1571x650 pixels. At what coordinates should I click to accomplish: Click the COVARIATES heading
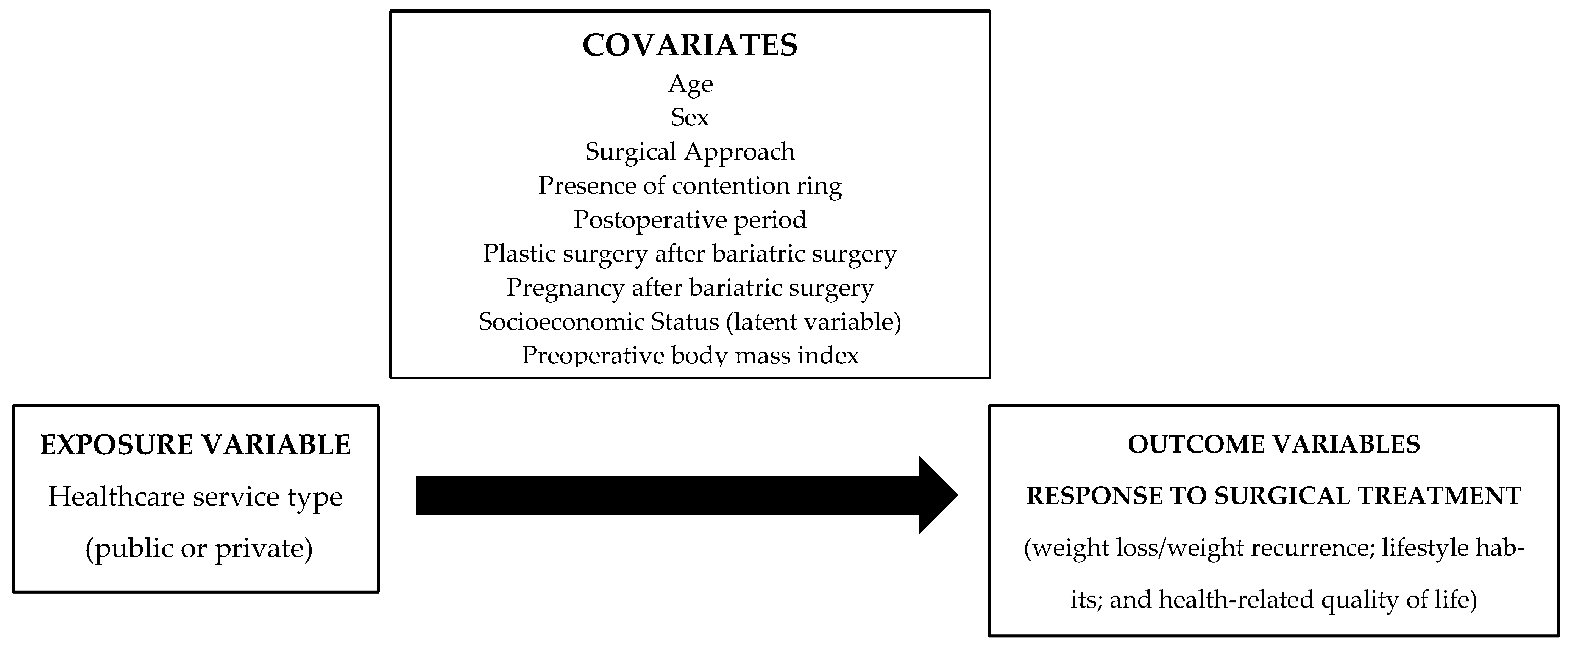coord(690,45)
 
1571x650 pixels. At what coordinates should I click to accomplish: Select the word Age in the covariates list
coord(690,84)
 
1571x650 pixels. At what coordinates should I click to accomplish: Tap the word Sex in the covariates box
coord(690,117)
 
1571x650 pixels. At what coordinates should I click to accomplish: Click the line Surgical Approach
coord(690,151)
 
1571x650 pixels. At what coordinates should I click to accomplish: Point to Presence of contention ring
coord(690,186)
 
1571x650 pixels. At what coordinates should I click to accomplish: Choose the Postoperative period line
coord(690,220)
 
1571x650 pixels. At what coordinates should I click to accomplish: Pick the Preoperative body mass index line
coord(690,355)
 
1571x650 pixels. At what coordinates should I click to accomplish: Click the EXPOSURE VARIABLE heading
coord(195,445)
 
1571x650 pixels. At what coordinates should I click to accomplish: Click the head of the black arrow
coord(936,495)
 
